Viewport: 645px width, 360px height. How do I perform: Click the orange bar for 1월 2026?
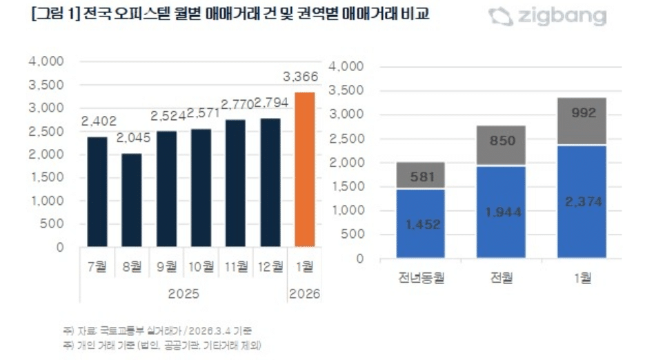click(304, 169)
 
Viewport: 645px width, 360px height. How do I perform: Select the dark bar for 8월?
click(132, 199)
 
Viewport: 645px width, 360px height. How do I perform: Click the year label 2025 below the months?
click(183, 294)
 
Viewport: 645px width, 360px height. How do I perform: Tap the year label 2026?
click(304, 294)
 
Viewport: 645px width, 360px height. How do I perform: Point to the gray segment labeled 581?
click(421, 176)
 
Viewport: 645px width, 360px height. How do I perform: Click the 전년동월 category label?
click(421, 278)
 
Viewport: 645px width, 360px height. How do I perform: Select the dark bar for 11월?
click(235, 183)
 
